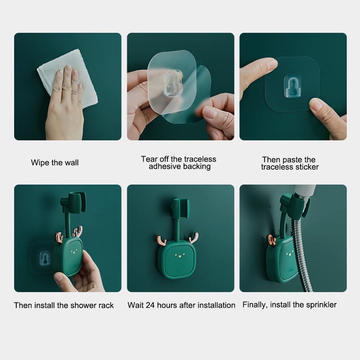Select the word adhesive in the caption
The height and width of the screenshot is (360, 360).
(x=165, y=166)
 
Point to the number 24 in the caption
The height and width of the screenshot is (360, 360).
(x=150, y=305)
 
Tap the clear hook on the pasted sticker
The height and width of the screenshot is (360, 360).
(x=292, y=86)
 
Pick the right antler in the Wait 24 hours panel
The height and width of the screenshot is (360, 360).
(x=194, y=238)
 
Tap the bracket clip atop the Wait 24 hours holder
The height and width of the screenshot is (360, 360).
(x=181, y=208)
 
